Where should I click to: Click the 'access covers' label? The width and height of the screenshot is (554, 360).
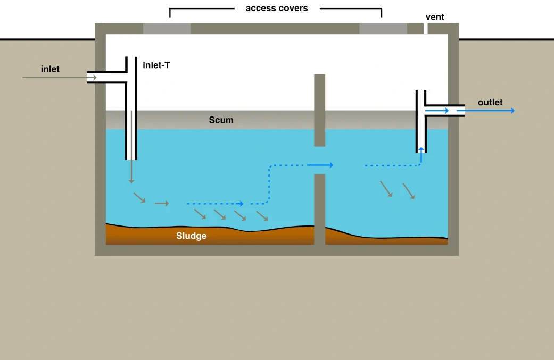[x=277, y=8]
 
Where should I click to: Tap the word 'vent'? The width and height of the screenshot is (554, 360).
[x=435, y=17]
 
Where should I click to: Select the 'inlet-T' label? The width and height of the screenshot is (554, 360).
[x=156, y=65]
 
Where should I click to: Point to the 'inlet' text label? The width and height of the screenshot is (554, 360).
[x=50, y=69]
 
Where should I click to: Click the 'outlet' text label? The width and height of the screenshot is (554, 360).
[x=490, y=102]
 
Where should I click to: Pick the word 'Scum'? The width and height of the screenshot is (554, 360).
[x=221, y=120]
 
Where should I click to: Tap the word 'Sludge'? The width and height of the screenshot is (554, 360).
[x=191, y=236]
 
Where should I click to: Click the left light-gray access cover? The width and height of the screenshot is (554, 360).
[x=167, y=29]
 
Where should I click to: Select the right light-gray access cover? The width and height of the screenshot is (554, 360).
[x=383, y=29]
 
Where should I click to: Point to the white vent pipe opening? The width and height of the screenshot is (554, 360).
[x=425, y=29]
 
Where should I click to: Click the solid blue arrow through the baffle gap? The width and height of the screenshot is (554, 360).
[x=320, y=165]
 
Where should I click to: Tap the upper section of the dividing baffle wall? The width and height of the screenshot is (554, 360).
[x=319, y=110]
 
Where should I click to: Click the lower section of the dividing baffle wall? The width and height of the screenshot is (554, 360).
[x=319, y=210]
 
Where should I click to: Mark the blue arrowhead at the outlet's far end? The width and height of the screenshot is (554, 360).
[x=512, y=111]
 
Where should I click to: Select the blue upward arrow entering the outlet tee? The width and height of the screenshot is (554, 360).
[x=421, y=156]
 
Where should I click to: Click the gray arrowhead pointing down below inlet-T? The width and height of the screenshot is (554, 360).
[x=131, y=181]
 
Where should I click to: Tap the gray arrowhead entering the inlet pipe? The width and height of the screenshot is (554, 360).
[x=95, y=77]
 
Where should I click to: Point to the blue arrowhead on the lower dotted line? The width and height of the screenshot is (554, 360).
[x=242, y=204]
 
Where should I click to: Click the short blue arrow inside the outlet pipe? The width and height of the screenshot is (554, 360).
[x=437, y=111]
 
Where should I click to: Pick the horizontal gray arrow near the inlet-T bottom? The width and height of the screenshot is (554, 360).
[x=162, y=203]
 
